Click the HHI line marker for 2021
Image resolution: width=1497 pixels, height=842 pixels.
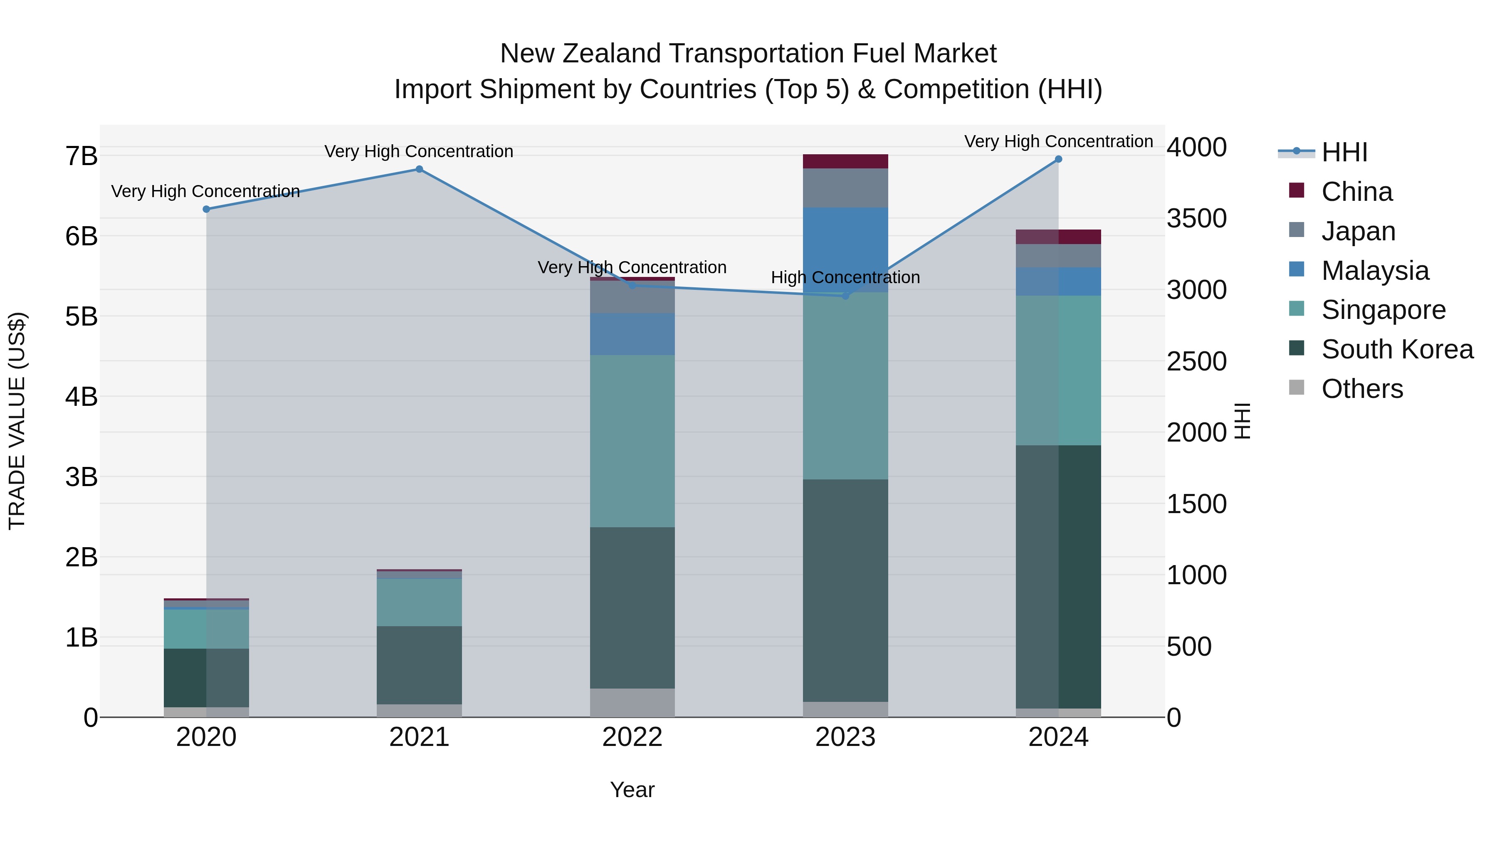click(419, 169)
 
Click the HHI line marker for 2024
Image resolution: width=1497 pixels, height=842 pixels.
click(1058, 159)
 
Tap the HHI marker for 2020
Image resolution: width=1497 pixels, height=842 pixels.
click(206, 209)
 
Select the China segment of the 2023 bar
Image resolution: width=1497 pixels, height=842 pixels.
click(845, 161)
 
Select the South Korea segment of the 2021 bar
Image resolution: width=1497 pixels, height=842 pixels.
click(419, 665)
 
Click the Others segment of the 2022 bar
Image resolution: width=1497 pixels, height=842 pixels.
click(632, 703)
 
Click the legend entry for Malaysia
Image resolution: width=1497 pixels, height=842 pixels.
click(1375, 271)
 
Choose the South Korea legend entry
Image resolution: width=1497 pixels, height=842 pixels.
click(1397, 349)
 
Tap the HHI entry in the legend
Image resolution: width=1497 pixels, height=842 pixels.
click(1344, 152)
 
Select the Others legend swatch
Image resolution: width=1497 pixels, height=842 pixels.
click(1297, 388)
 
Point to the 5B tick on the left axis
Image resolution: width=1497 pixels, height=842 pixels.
click(82, 317)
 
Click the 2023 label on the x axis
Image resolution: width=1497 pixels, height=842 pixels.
click(845, 737)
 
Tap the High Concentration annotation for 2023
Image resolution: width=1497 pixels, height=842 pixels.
click(845, 278)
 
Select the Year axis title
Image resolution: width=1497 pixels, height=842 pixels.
click(632, 790)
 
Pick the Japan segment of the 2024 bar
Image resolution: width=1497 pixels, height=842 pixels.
click(1058, 256)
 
